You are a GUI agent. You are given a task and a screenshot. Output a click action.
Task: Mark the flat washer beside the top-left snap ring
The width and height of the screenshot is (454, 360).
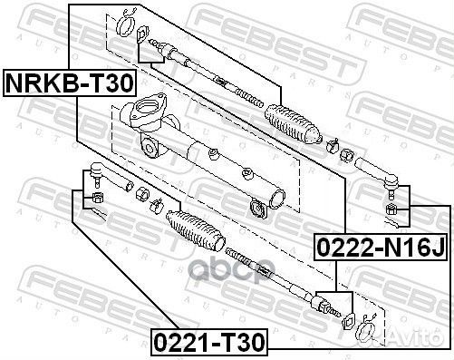142,35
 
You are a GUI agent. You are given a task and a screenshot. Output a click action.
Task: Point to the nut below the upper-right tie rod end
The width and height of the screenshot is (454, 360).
392,210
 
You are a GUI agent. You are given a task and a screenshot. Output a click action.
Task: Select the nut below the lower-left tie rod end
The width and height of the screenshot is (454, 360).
94,197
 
